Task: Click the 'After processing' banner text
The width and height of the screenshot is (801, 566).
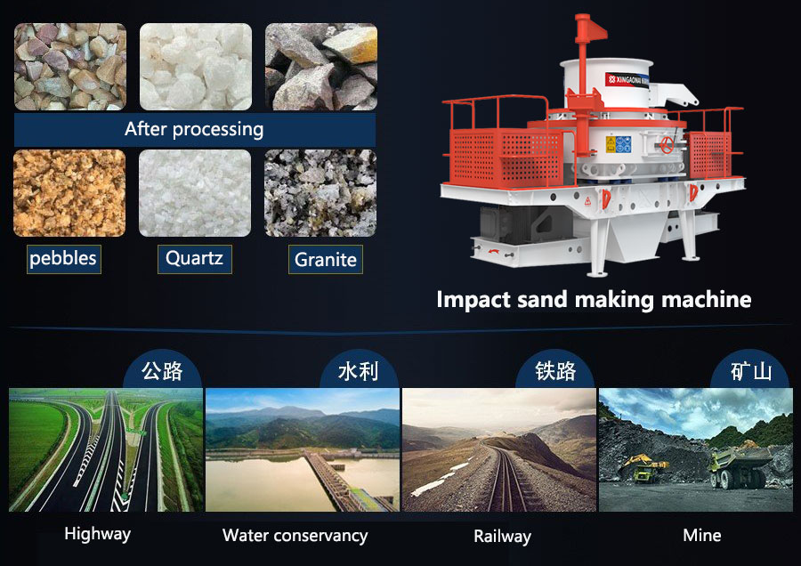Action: [194, 129]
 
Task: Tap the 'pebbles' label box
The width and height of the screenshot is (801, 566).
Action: [63, 259]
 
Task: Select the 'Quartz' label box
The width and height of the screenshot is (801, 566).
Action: [195, 259]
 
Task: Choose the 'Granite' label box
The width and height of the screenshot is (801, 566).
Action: [325, 260]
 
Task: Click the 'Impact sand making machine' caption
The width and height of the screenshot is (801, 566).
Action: [594, 299]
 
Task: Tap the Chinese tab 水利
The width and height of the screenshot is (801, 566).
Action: [358, 370]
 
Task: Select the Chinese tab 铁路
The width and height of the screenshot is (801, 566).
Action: [555, 370]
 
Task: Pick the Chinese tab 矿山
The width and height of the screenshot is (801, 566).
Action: [751, 370]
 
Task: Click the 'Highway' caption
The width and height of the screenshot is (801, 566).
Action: [97, 534]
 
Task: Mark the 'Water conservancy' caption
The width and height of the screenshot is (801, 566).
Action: [295, 536]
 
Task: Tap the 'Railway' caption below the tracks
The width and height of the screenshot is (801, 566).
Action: [502, 536]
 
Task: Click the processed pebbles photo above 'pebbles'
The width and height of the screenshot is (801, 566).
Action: [69, 193]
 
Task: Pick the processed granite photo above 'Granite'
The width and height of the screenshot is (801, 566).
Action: [320, 193]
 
